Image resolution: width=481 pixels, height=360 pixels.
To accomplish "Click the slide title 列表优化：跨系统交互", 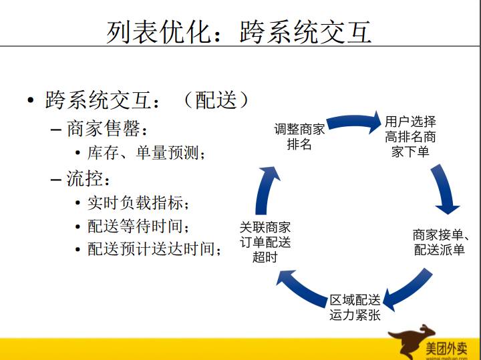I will (x=238, y=31).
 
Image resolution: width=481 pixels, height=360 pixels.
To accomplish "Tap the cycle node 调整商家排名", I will (x=299, y=136).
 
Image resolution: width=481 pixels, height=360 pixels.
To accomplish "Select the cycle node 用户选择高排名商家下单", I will (x=410, y=136).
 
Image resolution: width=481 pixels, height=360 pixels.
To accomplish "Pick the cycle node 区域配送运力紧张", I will (x=355, y=307).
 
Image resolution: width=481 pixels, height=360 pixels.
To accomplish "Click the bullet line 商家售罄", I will (x=106, y=128).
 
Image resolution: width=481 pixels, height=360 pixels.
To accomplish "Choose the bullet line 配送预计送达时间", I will (x=154, y=249).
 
